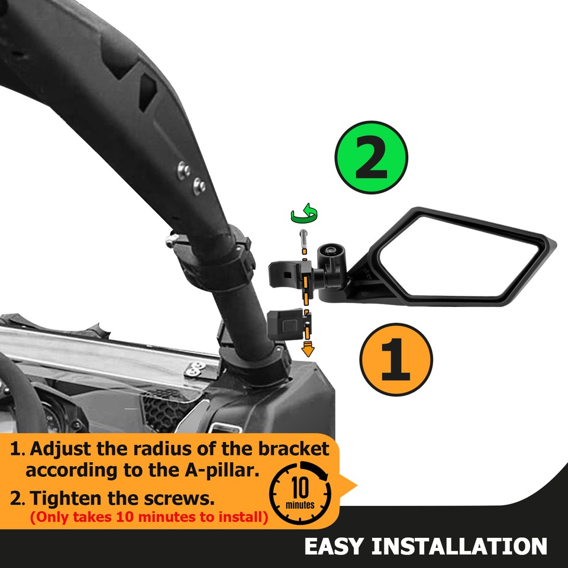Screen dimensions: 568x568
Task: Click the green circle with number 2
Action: click(371, 157)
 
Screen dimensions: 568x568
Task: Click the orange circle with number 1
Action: click(396, 358)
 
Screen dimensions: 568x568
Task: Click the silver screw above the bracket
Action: click(304, 240)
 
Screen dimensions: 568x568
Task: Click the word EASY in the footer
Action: click(333, 546)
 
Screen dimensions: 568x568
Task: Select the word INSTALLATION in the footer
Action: click(459, 546)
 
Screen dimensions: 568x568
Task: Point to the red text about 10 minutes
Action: click(149, 517)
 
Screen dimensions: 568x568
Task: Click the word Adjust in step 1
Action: click(59, 449)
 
